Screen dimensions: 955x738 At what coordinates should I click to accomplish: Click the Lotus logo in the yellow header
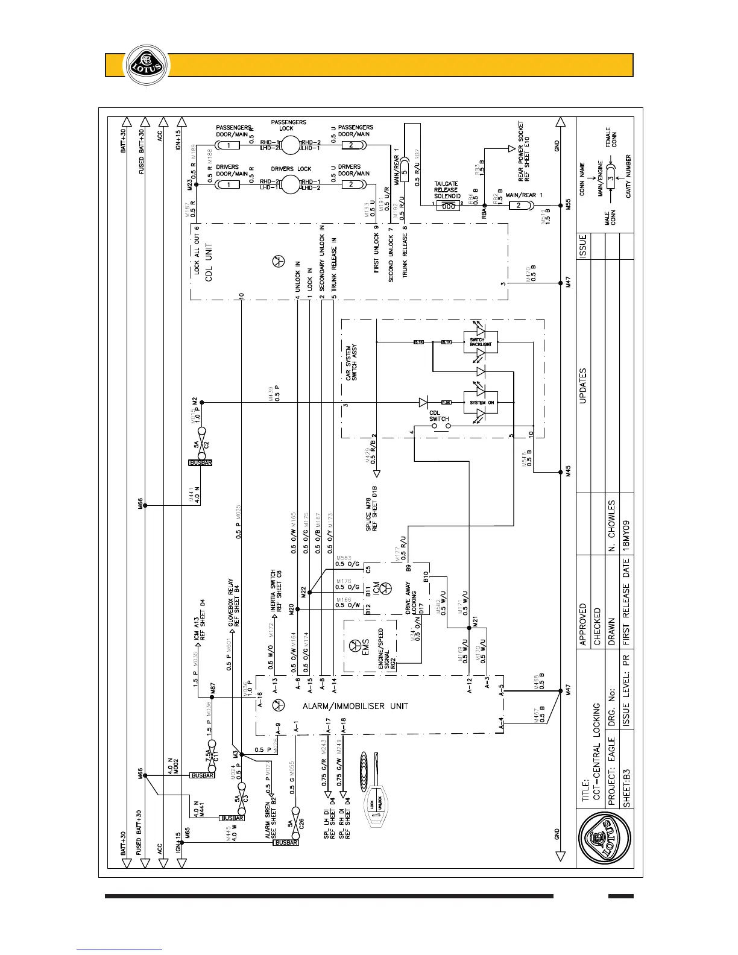[x=143, y=65]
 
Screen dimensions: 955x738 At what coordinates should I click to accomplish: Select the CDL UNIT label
[x=209, y=258]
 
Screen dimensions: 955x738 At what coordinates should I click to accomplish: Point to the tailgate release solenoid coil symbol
[x=447, y=206]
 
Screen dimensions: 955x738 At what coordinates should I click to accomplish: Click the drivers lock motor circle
[x=291, y=184]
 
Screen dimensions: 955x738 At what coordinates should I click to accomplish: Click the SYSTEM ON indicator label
[x=482, y=402]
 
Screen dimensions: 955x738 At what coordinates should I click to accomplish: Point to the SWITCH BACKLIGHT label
[x=481, y=342]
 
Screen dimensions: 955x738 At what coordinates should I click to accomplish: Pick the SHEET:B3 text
[x=626, y=787]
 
